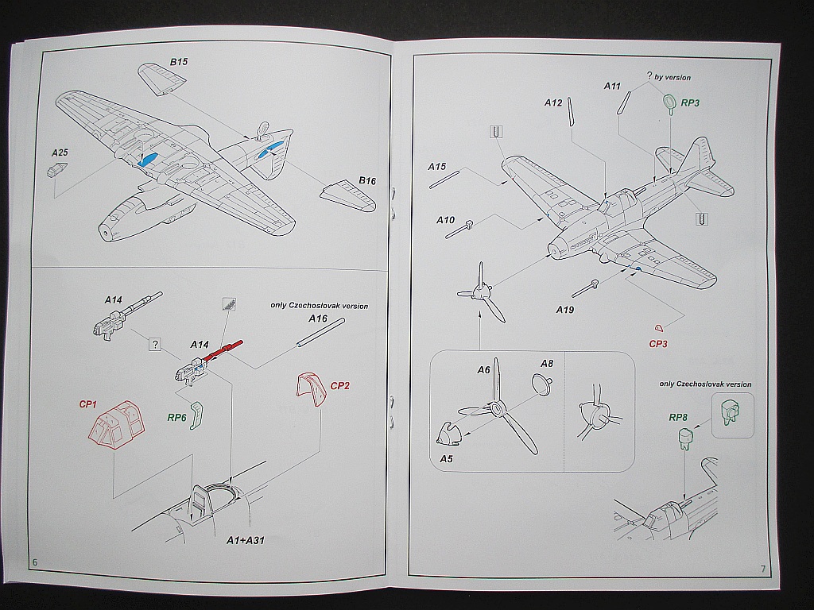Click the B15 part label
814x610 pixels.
[x=177, y=61]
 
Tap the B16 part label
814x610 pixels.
[x=366, y=180]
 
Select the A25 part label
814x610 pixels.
[x=60, y=152]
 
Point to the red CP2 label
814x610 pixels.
[x=339, y=386]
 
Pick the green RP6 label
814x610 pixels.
[x=176, y=416]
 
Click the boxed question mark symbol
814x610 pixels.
[x=155, y=344]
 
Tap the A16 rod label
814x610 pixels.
[x=318, y=319]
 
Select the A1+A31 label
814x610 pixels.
[x=245, y=540]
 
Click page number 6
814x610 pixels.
[x=35, y=562]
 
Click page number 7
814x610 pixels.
[x=762, y=569]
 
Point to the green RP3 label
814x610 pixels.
[x=689, y=103]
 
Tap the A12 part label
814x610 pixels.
[x=553, y=102]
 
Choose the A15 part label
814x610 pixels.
[x=436, y=167]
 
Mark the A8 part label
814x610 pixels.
[x=547, y=364]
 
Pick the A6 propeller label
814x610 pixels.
[x=484, y=369]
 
